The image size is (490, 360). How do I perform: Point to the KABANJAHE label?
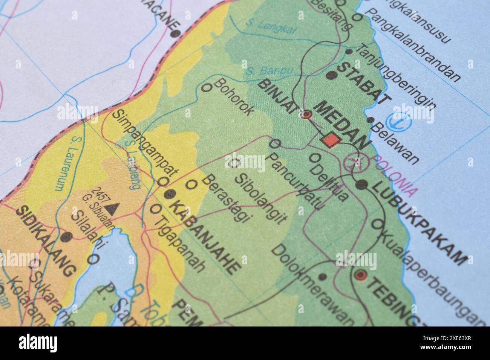point(205,236)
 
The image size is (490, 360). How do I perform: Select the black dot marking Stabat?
point(331,75)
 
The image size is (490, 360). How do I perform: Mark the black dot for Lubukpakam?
point(362,185)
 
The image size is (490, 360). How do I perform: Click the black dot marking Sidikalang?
point(67,237)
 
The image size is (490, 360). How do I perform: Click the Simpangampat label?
point(145,143)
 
